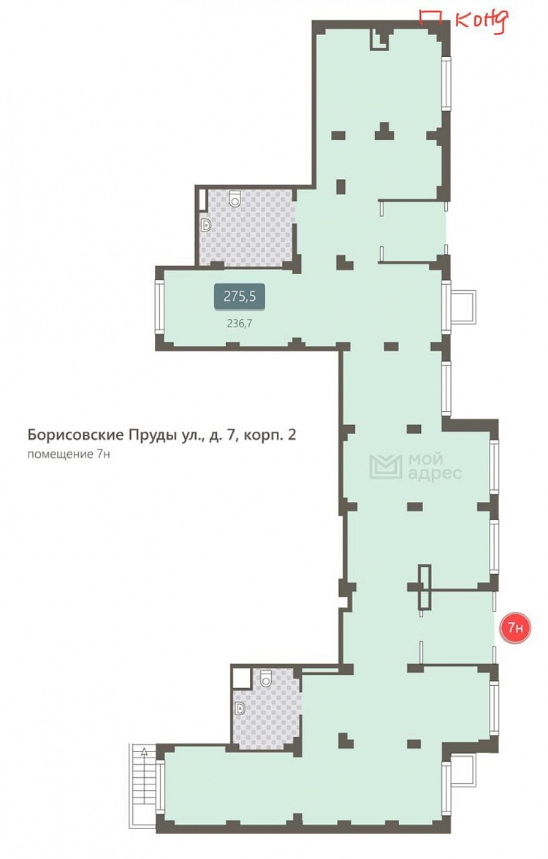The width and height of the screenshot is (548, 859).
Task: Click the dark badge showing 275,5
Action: (x=239, y=297)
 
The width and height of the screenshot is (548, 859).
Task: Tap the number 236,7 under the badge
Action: (x=239, y=323)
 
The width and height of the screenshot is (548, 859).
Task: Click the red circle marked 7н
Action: (x=514, y=627)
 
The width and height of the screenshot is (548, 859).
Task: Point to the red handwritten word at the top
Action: (x=480, y=21)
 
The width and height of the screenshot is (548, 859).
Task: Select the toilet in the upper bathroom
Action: (x=235, y=198)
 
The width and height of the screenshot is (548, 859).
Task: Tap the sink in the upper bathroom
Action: (x=205, y=224)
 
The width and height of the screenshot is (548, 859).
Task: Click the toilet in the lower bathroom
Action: (x=265, y=679)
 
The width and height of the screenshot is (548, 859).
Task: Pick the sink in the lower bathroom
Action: (x=240, y=707)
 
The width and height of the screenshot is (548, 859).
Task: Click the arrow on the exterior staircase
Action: (x=145, y=751)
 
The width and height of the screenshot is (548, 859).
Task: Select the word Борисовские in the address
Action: (x=69, y=436)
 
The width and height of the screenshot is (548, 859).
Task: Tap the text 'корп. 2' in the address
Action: (x=271, y=436)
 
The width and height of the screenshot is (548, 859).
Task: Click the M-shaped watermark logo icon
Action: (x=385, y=467)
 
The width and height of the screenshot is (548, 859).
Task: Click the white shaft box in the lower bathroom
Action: (x=240, y=676)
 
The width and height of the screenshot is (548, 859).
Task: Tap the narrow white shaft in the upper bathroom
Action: (x=202, y=199)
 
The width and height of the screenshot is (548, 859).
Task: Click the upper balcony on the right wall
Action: (x=463, y=305)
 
